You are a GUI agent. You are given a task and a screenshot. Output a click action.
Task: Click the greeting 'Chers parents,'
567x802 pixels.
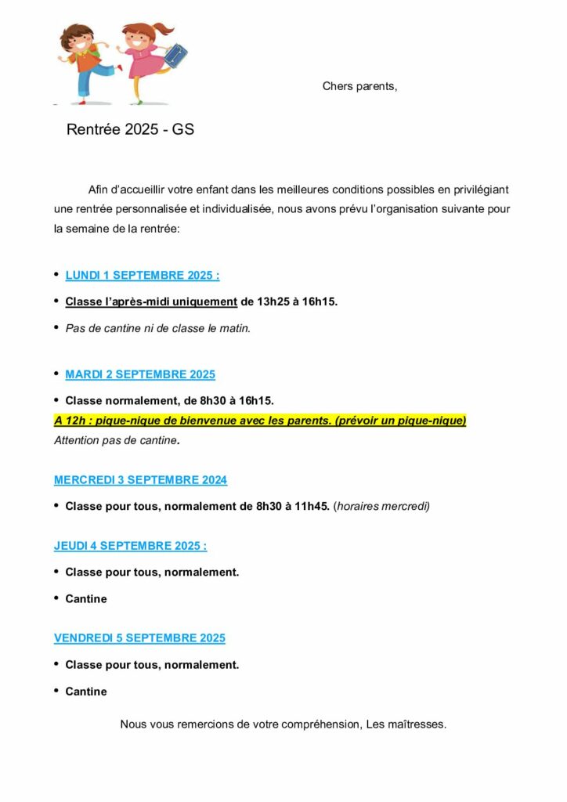359,86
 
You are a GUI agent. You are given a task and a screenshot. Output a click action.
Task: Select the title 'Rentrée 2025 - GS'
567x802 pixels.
130,130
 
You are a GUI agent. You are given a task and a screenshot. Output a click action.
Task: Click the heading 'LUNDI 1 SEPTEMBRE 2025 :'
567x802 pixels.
142,276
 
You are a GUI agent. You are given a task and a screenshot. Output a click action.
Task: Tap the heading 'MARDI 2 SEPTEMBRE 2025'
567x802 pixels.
140,374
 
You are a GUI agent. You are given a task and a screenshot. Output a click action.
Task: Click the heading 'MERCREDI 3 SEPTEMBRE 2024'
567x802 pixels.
140,479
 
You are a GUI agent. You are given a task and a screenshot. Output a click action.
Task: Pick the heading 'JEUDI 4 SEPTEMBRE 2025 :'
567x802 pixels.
130,546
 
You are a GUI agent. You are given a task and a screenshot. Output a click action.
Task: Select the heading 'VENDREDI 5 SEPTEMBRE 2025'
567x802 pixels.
139,638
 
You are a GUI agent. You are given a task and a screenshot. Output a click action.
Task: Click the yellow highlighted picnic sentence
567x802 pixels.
260,421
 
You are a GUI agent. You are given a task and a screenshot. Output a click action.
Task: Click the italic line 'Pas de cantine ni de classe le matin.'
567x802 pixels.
157,328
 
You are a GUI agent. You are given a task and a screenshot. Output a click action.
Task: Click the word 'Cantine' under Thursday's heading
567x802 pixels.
86,599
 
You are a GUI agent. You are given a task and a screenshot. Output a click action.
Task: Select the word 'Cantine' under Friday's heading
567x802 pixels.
86,692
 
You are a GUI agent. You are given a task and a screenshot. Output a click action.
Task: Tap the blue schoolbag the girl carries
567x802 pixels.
175,54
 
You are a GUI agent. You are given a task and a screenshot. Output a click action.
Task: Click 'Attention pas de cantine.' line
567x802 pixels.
117,440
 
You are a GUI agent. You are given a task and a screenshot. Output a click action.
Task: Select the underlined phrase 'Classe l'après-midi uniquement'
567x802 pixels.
151,302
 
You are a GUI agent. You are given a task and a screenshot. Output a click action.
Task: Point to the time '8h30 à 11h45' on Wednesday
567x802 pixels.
293,506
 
